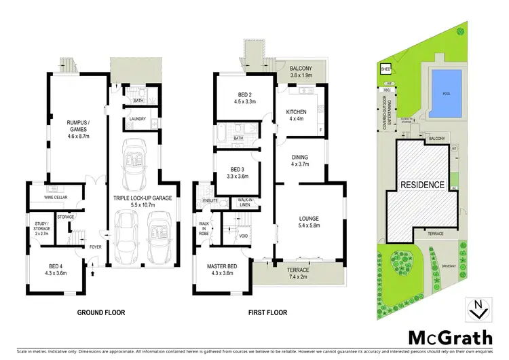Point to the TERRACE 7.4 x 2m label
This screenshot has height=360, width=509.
[x=296, y=274]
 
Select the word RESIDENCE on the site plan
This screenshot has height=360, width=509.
[x=421, y=185]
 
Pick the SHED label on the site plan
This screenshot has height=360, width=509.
[x=385, y=69]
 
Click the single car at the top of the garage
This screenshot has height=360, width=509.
[x=134, y=166]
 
